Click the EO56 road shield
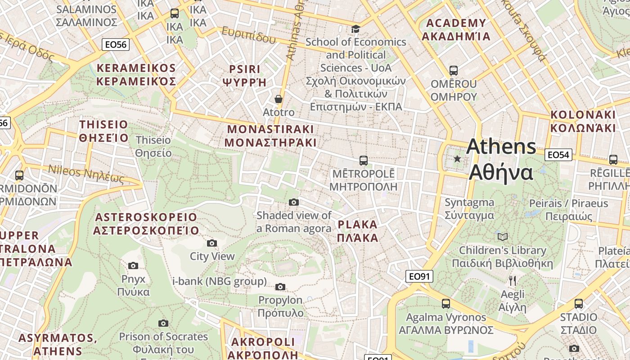point(116,44)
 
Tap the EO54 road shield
point(558,155)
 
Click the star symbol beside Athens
point(457,158)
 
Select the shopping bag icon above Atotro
point(279,99)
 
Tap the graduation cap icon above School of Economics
point(355,29)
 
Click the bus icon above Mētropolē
point(363,160)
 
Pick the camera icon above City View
point(212,243)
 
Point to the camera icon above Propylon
point(280,287)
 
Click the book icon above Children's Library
point(502,237)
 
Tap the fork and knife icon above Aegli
point(512,281)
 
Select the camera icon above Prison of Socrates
point(163,323)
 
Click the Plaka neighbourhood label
point(358,231)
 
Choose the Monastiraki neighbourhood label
point(270,136)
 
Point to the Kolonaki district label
point(583,121)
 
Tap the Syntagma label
point(469,209)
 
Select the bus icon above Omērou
point(453,71)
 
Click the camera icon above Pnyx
point(133,265)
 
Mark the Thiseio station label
point(153,147)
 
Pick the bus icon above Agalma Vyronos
point(445,304)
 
